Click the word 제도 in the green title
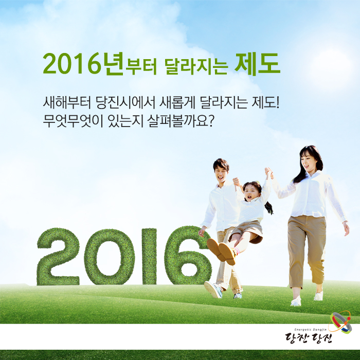257,64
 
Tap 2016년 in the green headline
83,64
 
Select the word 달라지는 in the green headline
196,66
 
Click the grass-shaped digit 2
58,257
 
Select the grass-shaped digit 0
109,257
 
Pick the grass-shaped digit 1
149,257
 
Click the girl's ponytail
268,207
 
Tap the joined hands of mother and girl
268,173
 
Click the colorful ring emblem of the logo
340,322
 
